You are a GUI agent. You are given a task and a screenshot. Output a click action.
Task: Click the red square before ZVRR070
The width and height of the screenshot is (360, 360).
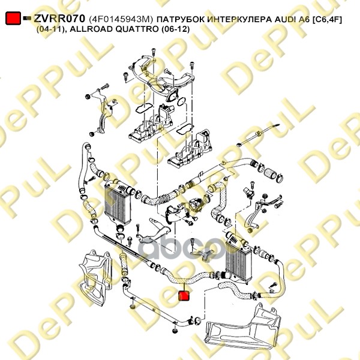point(12,19)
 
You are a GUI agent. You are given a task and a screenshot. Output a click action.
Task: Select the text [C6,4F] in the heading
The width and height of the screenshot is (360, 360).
point(327,19)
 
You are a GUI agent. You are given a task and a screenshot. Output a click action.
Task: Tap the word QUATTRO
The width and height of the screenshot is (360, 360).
point(133,29)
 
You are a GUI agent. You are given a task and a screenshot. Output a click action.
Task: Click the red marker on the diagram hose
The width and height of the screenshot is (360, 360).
point(185,296)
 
